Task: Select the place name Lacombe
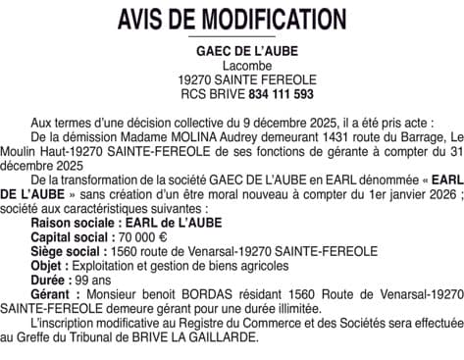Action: [233, 65]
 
